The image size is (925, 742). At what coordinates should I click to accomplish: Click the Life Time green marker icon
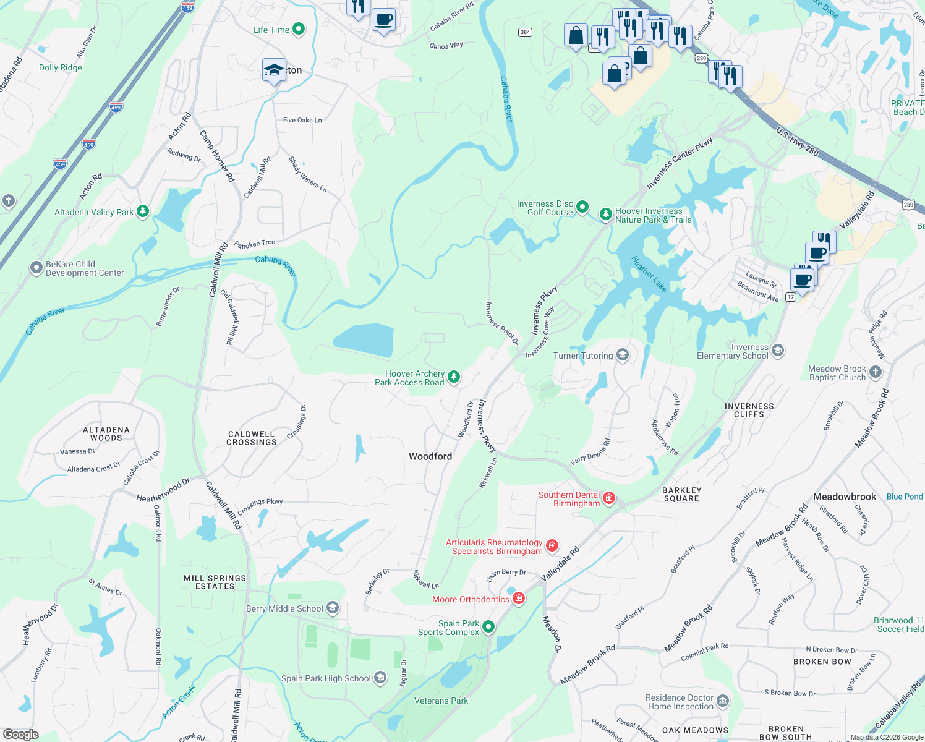click(x=299, y=29)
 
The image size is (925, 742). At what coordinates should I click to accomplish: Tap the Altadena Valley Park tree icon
click(x=143, y=212)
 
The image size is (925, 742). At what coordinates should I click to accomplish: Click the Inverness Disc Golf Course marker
click(x=582, y=207)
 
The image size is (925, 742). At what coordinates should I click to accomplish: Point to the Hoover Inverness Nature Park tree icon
click(x=605, y=215)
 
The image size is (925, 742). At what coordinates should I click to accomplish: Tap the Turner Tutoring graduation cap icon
click(x=623, y=355)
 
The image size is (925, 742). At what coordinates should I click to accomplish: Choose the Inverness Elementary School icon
click(x=778, y=351)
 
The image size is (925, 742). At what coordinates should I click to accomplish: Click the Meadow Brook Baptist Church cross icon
click(x=875, y=372)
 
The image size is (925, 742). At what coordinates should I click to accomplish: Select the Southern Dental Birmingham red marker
click(x=609, y=498)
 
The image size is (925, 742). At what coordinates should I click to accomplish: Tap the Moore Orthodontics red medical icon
click(x=519, y=599)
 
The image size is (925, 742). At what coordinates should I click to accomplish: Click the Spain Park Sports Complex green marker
click(x=488, y=627)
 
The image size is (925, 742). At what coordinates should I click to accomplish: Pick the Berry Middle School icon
click(x=333, y=608)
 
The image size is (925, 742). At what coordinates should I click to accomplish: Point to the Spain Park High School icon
click(x=380, y=678)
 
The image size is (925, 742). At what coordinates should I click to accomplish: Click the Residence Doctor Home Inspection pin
click(x=723, y=701)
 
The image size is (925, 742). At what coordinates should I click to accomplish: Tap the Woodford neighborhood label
click(x=430, y=456)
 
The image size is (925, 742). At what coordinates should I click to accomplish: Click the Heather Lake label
click(x=649, y=274)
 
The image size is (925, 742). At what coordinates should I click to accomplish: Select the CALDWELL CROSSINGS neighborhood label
click(x=252, y=438)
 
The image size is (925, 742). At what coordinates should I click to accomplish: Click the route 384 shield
click(x=525, y=32)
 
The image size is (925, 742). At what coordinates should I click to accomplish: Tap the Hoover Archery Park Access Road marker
click(x=454, y=377)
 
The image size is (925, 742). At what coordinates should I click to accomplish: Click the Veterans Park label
click(x=441, y=701)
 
